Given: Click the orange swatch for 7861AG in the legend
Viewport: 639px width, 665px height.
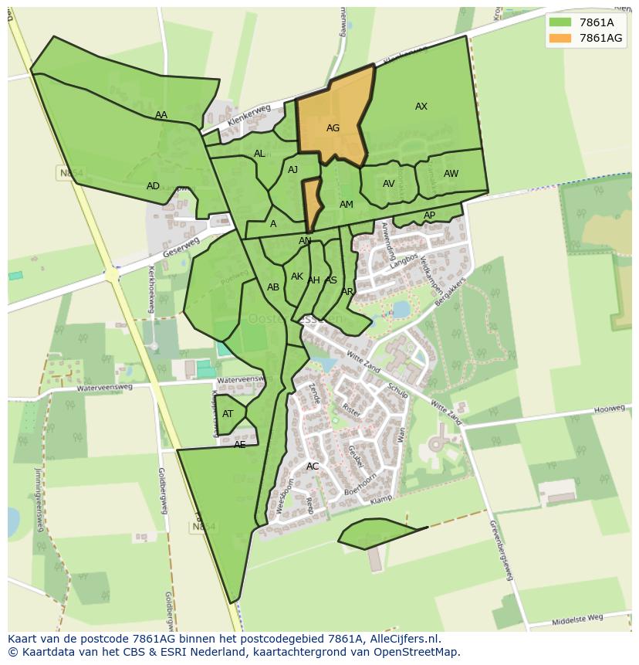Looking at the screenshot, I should [x=560, y=38].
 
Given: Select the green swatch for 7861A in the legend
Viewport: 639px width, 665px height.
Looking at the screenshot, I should [x=560, y=22].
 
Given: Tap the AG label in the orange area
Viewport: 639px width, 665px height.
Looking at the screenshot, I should [x=333, y=128].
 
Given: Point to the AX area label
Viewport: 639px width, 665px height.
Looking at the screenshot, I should [x=421, y=107].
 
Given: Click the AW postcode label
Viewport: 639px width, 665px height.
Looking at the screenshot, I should [x=451, y=174].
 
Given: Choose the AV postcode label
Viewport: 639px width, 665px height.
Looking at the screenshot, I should [x=388, y=184].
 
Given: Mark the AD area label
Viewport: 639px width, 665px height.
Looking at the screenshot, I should [x=153, y=186].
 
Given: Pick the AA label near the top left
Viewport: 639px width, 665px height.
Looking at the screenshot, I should [x=161, y=115].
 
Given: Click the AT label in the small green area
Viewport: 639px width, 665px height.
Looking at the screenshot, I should [x=228, y=414].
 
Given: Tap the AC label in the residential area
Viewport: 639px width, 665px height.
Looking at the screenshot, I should [x=313, y=466].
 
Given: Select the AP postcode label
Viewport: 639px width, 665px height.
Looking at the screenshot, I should [x=429, y=215].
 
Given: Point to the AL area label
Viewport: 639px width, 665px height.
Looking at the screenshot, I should [x=259, y=154].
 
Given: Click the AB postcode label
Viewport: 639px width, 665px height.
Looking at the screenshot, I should [x=273, y=287].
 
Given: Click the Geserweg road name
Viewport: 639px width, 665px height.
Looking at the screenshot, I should [x=181, y=247].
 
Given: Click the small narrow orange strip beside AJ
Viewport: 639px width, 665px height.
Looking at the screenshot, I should [x=311, y=202].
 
